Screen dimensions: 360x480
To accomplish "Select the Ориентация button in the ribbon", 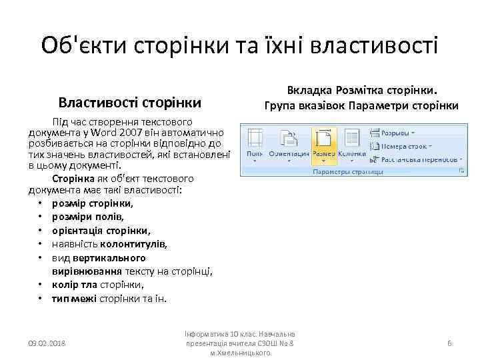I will [289, 143].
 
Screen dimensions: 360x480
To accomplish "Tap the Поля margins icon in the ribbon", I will [255, 143].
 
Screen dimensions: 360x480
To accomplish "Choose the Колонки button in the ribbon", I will [351, 143].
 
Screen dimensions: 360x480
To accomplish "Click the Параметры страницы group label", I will [348, 171].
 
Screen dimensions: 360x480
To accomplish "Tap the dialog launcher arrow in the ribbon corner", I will [460, 171].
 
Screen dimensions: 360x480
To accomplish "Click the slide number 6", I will [449, 343].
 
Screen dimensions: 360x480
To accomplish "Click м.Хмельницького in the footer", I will [241, 353].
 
